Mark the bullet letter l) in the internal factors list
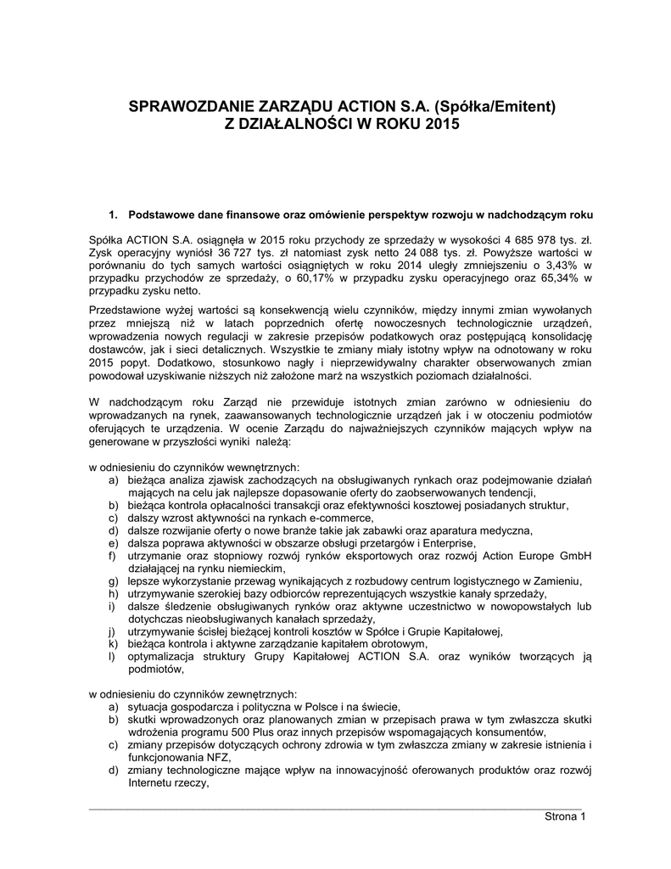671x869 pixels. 112,656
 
